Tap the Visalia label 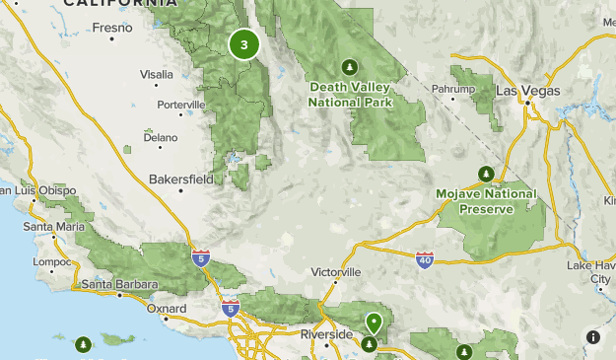(156, 74)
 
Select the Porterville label (180, 105)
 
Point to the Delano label (160, 137)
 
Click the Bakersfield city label (180, 180)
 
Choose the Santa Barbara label (119, 285)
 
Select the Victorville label (336, 271)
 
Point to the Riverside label (326, 334)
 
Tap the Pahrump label (453, 89)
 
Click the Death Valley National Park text (350, 94)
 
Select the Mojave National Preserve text (486, 200)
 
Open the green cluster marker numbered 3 (243, 44)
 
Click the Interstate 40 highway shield (424, 260)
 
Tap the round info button (593, 337)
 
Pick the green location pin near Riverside (374, 322)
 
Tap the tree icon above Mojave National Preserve (485, 174)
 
